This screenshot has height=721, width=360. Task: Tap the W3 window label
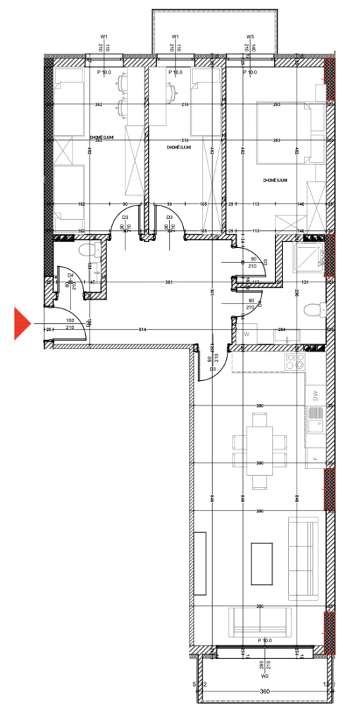[x=250, y=37]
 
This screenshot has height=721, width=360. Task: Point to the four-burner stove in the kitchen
[x=294, y=363]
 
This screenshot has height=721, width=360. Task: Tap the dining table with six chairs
[x=260, y=451]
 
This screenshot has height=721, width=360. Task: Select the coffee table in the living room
[x=261, y=563]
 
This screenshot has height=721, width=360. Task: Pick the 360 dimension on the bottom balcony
[x=265, y=691]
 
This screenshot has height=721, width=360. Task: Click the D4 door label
[x=70, y=275]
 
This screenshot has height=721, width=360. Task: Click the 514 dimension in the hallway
[x=142, y=330]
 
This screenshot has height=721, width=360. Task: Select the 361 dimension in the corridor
[x=169, y=282]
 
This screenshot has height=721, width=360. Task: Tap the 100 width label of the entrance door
[x=70, y=320]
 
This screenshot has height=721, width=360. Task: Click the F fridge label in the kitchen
[x=315, y=458]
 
